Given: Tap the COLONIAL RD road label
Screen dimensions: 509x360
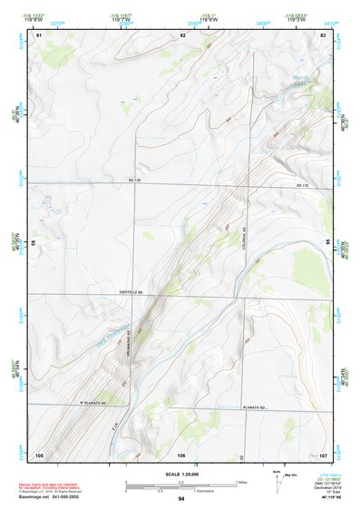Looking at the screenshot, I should click(244, 240).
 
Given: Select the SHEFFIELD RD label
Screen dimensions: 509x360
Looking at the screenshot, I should click(131, 292).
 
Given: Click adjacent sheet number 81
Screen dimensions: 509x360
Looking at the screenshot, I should click(38, 34).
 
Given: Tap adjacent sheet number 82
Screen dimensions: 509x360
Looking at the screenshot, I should click(182, 34).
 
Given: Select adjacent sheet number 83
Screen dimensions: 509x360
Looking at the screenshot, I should click(323, 34).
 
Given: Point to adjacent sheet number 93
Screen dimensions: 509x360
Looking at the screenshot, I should click(34, 243).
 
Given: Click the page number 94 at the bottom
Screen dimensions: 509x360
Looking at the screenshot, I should click(181, 499).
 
